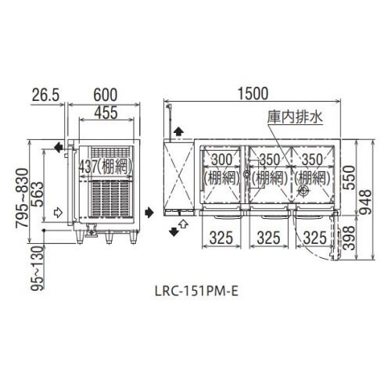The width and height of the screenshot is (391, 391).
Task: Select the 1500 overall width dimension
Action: coord(256,91)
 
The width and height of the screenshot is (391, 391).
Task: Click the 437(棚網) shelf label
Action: coord(102,167)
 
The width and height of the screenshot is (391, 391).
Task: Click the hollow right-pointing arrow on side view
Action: coord(57,211)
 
